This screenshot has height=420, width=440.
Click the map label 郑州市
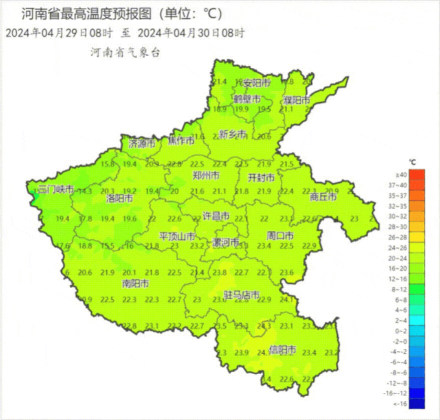tap(206, 176)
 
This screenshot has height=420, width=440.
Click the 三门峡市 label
tap(55, 189)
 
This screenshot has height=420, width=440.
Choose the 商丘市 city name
tap(323, 197)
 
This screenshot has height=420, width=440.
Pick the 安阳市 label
tap(256, 83)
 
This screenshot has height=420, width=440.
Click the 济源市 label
tap(142, 144)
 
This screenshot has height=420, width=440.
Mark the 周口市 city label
tap(280, 235)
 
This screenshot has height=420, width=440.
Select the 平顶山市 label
tap(177, 235)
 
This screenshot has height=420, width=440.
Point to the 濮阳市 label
tap(297, 101)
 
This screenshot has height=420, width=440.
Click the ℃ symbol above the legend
tap(412, 162)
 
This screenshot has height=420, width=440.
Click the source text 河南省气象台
tap(124, 52)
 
